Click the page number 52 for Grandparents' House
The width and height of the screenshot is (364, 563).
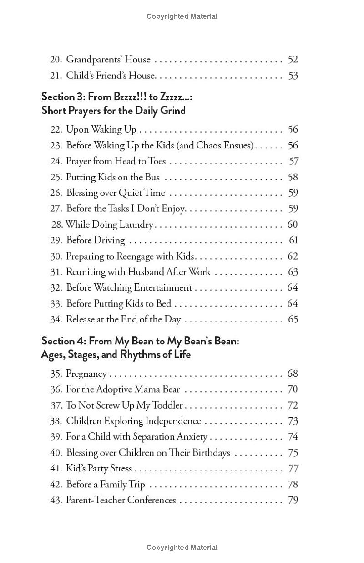pyautogui.click(x=293, y=60)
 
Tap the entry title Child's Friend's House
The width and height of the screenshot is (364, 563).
pyautogui.click(x=111, y=76)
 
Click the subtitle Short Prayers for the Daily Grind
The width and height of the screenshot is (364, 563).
pyautogui.click(x=113, y=110)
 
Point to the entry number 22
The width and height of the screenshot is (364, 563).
pyautogui.click(x=56, y=130)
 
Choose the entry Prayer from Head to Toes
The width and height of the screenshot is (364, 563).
pyautogui.click(x=116, y=161)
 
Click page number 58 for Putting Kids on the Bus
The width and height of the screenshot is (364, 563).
pyautogui.click(x=293, y=177)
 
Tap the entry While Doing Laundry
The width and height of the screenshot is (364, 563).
pyautogui.click(x=109, y=225)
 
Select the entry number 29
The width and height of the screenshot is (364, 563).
pyautogui.click(x=56, y=241)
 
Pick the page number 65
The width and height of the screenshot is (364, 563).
pyautogui.click(x=293, y=319)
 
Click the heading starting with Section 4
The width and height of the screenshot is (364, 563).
pyautogui.click(x=140, y=341)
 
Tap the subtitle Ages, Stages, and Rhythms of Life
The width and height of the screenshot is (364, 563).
pyautogui.click(x=116, y=354)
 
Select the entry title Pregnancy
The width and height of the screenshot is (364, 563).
pyautogui.click(x=86, y=374)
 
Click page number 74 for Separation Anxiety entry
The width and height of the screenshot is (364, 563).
pyautogui.click(x=293, y=437)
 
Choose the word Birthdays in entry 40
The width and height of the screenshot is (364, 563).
pyautogui.click(x=207, y=453)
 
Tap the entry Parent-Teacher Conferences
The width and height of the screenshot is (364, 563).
pyautogui.click(x=121, y=500)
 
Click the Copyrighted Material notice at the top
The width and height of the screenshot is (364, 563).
pyautogui.click(x=182, y=16)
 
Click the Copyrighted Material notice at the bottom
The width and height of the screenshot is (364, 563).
pyautogui.click(x=182, y=548)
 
